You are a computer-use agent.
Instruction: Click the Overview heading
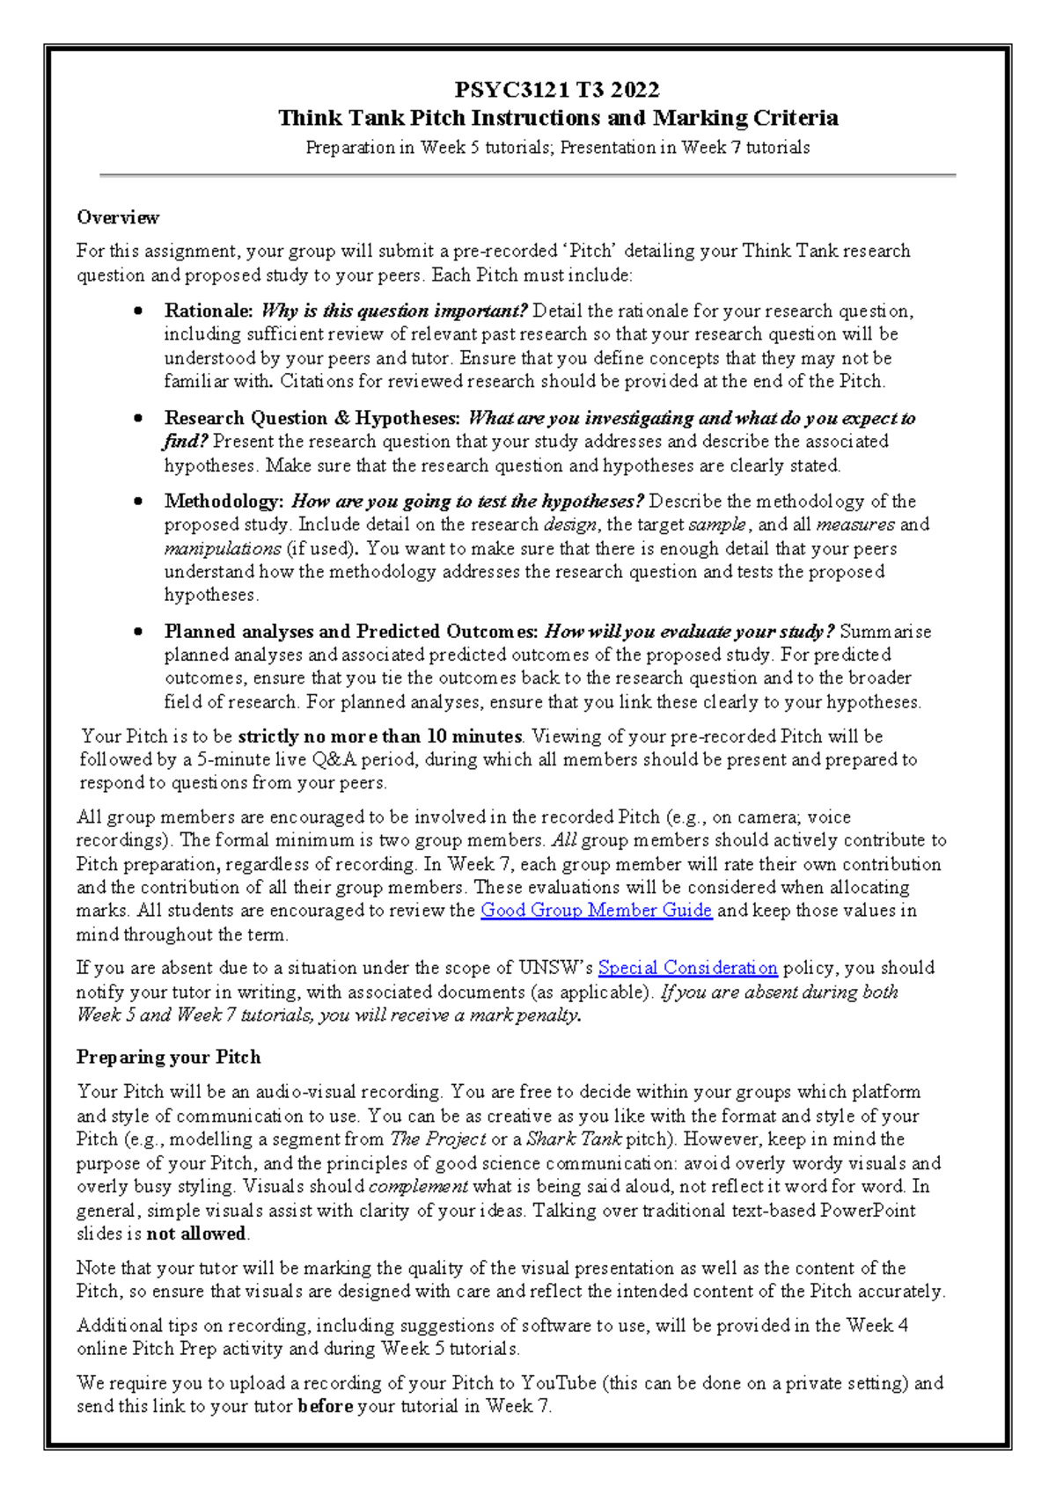point(118,217)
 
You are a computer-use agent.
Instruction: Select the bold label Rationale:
point(209,311)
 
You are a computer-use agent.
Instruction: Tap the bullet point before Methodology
point(138,502)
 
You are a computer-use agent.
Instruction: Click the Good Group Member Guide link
point(596,911)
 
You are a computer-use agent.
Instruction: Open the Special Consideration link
point(687,968)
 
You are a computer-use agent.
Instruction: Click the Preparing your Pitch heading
point(168,1057)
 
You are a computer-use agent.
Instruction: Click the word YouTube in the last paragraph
point(559,1383)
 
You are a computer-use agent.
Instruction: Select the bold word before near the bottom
point(325,1406)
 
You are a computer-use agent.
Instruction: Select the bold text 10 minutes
point(474,736)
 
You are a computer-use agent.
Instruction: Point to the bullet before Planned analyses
point(138,632)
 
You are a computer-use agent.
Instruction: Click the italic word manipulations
point(223,548)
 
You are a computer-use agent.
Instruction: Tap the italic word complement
point(418,1186)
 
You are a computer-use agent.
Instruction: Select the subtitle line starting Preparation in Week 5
point(557,148)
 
